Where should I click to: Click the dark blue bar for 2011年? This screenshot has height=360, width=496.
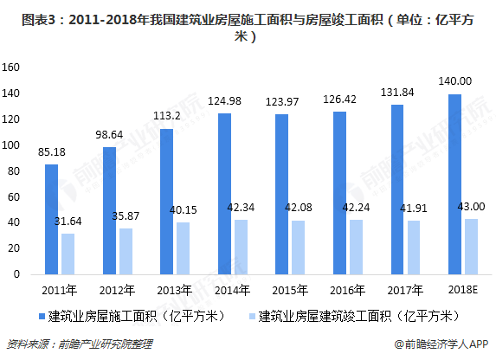coord(52,219)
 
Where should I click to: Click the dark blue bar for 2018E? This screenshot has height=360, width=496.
coord(454,184)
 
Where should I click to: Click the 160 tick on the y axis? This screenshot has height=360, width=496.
coord(10,67)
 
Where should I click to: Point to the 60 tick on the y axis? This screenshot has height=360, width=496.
coord(13,196)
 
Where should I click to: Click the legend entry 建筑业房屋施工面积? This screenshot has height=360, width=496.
coord(117,315)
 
